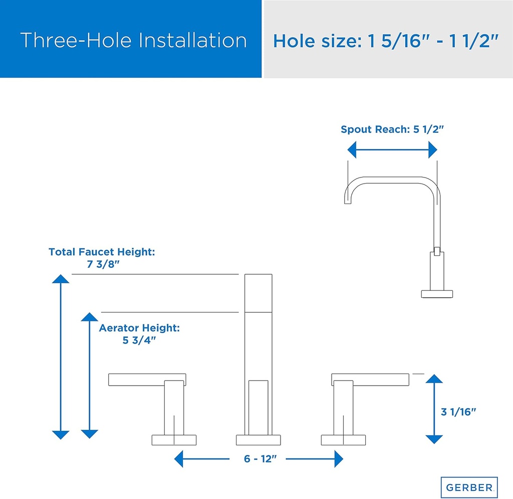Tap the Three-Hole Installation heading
[x=134, y=41]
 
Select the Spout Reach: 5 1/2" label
[x=393, y=129]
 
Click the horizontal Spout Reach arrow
[x=393, y=149]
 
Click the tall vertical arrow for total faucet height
[x=61, y=357]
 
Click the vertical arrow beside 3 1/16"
[x=434, y=409]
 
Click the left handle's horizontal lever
[x=148, y=380]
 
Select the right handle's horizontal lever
[x=370, y=380]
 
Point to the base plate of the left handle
[x=174, y=440]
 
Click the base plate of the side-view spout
[x=437, y=293]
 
